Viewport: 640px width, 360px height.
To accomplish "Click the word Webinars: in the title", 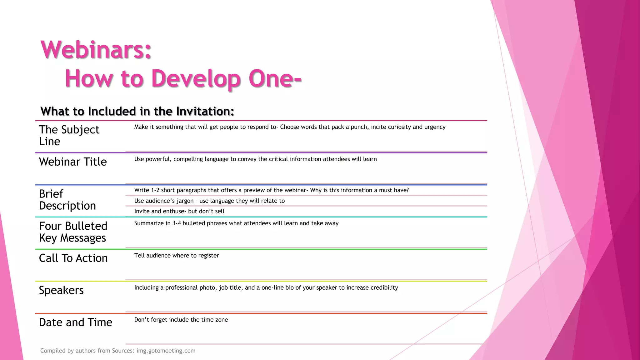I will [x=96, y=50].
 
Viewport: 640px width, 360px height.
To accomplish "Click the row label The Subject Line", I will [x=69, y=135].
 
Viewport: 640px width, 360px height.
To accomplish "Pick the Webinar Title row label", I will [x=73, y=162].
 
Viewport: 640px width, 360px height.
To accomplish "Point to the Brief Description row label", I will [x=67, y=200].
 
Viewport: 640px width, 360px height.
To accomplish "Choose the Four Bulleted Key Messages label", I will [x=73, y=232].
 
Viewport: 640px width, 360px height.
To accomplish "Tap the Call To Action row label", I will [x=73, y=258].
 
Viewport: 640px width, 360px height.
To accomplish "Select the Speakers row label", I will [x=61, y=290].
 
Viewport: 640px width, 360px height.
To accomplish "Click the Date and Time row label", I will [x=76, y=322].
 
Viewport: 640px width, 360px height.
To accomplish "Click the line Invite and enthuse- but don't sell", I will [x=179, y=211].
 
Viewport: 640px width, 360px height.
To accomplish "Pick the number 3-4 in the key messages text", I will [x=177, y=223].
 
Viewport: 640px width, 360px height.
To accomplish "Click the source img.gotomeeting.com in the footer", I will [x=166, y=351].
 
